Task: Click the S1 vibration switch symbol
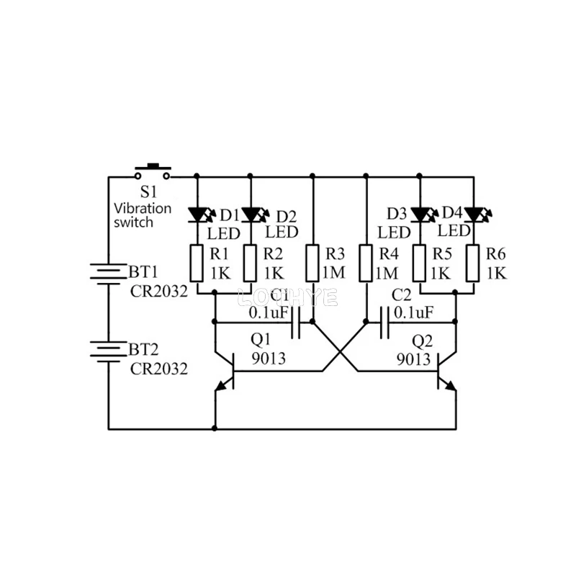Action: click(152, 171)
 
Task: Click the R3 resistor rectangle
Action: click(312, 264)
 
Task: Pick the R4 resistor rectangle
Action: click(366, 264)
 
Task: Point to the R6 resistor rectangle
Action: click(473, 264)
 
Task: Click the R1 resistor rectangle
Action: click(197, 264)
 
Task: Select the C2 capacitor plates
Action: click(384, 323)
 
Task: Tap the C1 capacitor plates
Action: click(296, 323)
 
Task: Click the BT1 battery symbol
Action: click(109, 274)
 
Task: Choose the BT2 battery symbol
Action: click(109, 351)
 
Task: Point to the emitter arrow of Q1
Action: click(221, 386)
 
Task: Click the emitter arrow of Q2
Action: click(451, 386)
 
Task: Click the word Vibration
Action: click(143, 209)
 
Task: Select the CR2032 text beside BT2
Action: click(158, 369)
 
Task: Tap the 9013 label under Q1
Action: click(269, 358)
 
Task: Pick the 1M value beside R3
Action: click(333, 273)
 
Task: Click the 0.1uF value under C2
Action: click(413, 312)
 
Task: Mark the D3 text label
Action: click(397, 213)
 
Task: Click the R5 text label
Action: click(442, 254)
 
